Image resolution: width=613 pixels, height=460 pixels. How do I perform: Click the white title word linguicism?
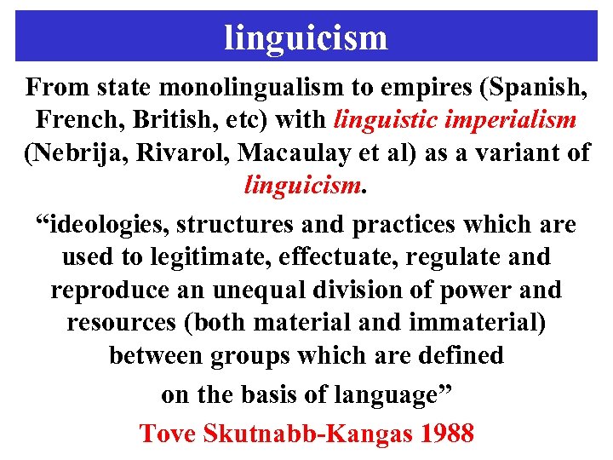tap(306, 37)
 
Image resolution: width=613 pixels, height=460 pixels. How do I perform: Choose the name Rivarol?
tap(190, 152)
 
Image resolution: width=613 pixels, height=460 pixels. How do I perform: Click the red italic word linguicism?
tap(302, 185)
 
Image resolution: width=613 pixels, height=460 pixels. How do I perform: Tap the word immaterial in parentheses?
tap(474, 322)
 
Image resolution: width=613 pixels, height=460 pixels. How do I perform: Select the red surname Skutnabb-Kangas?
tap(308, 433)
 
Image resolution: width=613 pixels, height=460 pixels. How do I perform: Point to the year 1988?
tap(445, 433)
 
